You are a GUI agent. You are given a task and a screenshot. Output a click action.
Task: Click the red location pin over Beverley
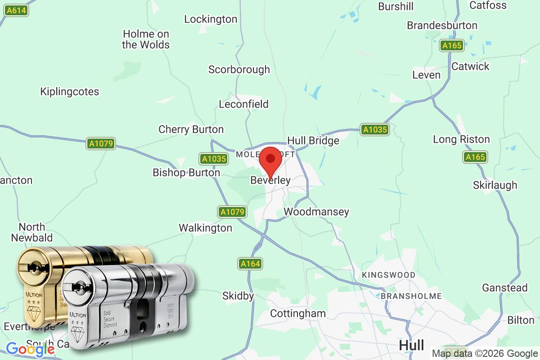(270, 160)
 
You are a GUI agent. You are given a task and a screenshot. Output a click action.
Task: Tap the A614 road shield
(16, 10)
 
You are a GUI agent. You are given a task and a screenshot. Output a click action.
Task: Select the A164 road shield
(250, 264)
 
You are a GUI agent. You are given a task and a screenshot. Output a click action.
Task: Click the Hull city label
(411, 345)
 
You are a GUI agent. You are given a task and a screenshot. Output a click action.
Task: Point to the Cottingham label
(297, 313)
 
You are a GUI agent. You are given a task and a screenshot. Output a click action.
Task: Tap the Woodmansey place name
(316, 211)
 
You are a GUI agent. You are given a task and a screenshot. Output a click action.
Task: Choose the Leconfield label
(243, 104)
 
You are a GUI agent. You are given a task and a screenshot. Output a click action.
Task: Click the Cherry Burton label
(191, 130)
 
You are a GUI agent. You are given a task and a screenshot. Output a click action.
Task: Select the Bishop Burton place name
(186, 172)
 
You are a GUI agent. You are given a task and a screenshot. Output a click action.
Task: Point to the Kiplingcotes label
(69, 91)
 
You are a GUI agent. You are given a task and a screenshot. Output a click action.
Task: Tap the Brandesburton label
(442, 25)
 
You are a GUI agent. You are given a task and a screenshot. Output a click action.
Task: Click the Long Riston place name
(461, 139)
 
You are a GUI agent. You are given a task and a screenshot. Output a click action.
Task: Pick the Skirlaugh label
(495, 185)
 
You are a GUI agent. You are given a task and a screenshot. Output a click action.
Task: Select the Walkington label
(205, 228)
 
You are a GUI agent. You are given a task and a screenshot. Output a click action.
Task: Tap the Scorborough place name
(239, 69)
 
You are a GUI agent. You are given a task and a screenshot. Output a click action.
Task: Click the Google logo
(30, 349)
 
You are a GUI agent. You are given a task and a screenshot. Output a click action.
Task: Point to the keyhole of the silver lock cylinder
(78, 287)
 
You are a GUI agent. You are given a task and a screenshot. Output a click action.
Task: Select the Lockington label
(211, 19)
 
